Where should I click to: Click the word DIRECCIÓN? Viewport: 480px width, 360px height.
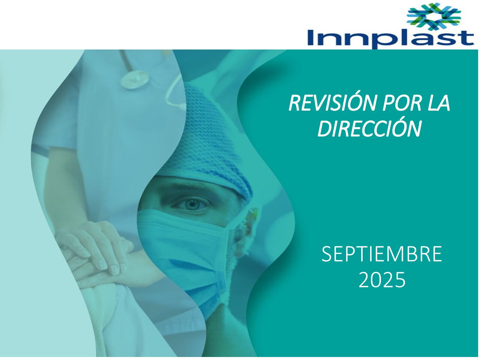(369, 128)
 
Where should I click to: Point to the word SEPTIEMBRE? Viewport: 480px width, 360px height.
(382, 254)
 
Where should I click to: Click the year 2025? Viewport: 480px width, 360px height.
(382, 280)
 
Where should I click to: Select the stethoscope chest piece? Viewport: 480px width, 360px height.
(134, 79)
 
